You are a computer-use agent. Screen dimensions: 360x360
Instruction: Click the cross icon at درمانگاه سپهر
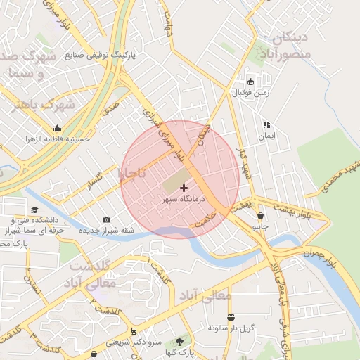[184, 188]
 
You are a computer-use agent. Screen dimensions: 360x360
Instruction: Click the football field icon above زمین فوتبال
[250, 81]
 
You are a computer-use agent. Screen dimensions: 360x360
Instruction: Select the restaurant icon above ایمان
[266, 124]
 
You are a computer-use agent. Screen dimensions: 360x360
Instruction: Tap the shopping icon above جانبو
[261, 216]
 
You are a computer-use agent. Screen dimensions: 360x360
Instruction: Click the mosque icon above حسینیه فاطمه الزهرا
[57, 128]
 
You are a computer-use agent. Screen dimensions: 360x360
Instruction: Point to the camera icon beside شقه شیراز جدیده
[106, 220]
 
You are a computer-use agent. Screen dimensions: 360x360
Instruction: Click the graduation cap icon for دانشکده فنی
[14, 210]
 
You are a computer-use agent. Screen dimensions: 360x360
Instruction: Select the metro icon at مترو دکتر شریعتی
[134, 330]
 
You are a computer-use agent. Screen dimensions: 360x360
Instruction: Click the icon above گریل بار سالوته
[231, 317]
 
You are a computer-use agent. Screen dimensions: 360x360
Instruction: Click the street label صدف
[109, 108]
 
